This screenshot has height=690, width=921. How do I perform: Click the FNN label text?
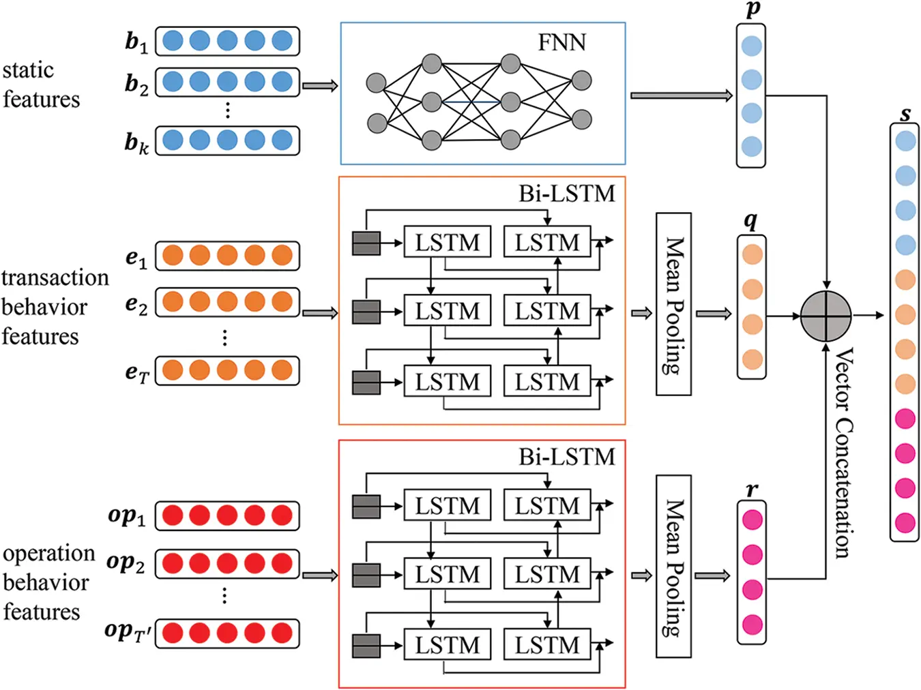[x=561, y=42]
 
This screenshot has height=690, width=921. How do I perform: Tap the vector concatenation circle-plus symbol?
[x=825, y=316]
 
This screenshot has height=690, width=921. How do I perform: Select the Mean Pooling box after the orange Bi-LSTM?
[x=673, y=304]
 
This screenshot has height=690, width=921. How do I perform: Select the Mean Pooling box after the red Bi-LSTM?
[x=673, y=566]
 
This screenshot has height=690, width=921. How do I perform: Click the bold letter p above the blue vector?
[x=752, y=10]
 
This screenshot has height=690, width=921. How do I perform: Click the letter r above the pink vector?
[x=752, y=489]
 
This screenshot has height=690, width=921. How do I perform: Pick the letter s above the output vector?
[x=905, y=113]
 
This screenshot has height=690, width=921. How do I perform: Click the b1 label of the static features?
[x=136, y=42]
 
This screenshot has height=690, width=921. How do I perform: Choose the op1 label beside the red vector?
[x=127, y=515]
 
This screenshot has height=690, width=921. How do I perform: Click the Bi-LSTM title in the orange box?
[x=566, y=194]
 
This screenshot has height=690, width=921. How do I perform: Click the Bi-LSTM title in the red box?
[x=566, y=457]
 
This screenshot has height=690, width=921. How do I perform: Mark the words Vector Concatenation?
[x=844, y=453]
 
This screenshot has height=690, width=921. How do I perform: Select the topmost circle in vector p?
[x=751, y=46]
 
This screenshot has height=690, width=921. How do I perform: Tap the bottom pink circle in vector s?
[x=905, y=523]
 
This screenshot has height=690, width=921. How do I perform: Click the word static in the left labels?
[x=28, y=70]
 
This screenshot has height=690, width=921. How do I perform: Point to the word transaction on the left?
[x=55, y=278]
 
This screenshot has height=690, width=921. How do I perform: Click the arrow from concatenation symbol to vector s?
[x=868, y=316]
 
